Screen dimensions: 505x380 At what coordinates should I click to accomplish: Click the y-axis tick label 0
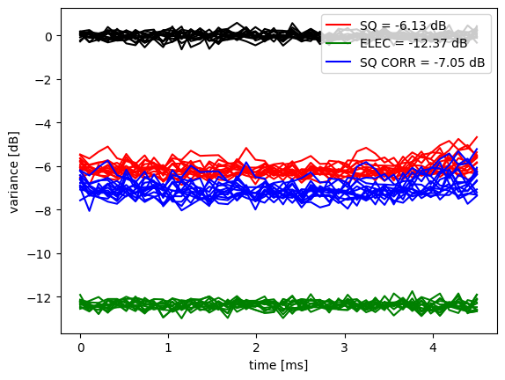click(49, 36)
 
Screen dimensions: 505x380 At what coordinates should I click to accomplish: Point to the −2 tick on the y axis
click(44, 80)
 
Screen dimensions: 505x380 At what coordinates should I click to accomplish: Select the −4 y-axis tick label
click(44, 123)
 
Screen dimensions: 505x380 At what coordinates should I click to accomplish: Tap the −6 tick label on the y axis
click(44, 167)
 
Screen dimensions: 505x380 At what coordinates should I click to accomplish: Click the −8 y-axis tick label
click(44, 210)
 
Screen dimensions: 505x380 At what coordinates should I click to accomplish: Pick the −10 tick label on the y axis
click(40, 254)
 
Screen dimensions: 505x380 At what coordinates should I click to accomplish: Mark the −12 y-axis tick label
click(40, 298)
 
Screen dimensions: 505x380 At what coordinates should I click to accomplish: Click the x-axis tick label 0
click(81, 347)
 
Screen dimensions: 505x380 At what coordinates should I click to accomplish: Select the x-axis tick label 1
click(168, 347)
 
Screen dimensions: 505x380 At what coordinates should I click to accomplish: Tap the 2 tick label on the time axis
click(257, 347)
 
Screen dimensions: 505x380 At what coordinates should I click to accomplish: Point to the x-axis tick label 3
click(345, 347)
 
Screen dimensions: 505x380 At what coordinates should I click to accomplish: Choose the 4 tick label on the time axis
click(433, 347)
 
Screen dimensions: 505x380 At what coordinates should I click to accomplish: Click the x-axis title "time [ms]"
click(278, 365)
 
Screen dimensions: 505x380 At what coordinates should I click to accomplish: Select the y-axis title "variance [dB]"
click(14, 172)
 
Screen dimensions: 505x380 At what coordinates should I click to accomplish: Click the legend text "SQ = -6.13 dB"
click(403, 26)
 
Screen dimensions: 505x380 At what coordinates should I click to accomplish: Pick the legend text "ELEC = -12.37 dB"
click(414, 43)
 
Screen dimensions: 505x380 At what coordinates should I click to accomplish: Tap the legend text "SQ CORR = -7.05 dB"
click(422, 62)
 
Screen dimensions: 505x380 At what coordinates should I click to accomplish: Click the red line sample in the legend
click(338, 25)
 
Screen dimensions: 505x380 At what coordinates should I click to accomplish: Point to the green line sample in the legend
click(338, 43)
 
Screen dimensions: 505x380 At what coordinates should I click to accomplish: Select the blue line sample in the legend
click(338, 62)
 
